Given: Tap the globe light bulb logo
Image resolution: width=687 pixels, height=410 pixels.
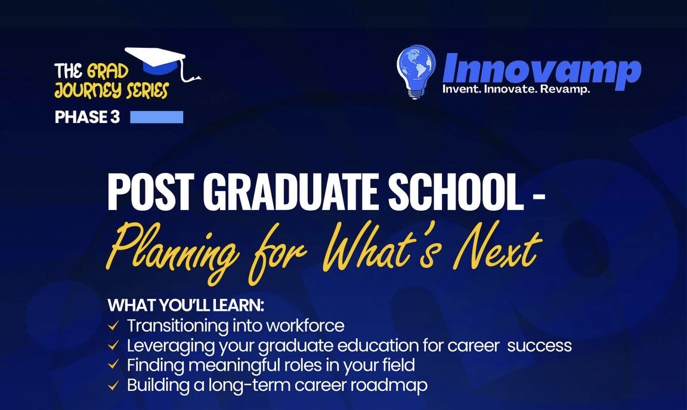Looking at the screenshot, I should (x=416, y=71).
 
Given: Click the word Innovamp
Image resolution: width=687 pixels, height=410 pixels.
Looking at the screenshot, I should (x=541, y=69).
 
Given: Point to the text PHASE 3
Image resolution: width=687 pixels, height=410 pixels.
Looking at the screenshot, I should (x=87, y=118).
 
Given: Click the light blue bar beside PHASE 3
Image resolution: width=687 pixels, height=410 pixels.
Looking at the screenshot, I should (x=156, y=117).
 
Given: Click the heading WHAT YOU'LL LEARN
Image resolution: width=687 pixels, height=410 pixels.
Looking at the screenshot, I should (x=185, y=306).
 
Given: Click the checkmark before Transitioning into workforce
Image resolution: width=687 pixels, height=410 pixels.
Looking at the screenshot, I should (x=113, y=326).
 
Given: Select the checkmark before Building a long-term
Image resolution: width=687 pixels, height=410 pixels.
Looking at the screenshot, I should (x=113, y=385).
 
